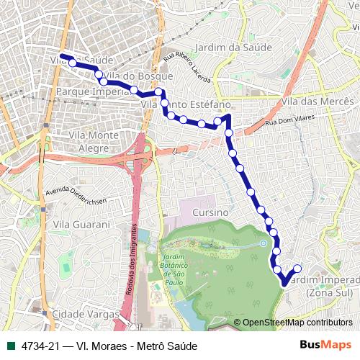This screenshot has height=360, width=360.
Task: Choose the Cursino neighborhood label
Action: click(210, 213)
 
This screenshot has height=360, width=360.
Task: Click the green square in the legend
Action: click(11, 346)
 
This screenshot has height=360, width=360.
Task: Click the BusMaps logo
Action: click(325, 345)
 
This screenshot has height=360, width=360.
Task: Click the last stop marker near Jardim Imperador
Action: click(297, 269)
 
